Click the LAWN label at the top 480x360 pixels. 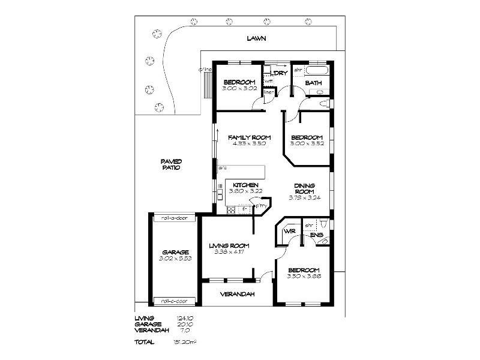(x=256, y=38)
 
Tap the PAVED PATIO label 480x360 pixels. (x=171, y=164)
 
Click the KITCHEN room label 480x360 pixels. (x=246, y=185)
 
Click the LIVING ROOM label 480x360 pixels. (x=229, y=245)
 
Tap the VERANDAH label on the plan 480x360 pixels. (x=238, y=294)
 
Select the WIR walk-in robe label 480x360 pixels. (x=290, y=231)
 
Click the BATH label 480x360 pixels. (x=313, y=83)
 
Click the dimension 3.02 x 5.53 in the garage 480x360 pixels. (x=175, y=258)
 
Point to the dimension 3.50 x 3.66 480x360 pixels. (x=303, y=276)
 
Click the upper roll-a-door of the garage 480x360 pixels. (x=175, y=218)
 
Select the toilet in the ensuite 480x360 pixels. (x=324, y=240)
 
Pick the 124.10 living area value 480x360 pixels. (x=184, y=318)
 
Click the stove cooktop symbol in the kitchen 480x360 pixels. (x=231, y=210)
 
